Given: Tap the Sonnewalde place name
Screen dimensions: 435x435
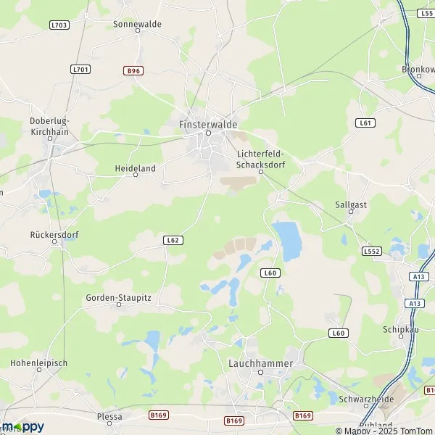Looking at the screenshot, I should click(x=138, y=24).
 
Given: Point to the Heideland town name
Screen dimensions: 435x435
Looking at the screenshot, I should click(x=135, y=168).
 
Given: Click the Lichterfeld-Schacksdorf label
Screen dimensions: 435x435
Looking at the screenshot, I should click(x=261, y=159).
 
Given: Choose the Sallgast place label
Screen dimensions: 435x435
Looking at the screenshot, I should click(x=352, y=204).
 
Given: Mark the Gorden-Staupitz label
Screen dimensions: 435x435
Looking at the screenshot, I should click(x=118, y=297).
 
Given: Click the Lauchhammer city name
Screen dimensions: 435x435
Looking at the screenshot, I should click(x=260, y=362).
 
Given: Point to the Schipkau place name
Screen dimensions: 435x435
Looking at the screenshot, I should click(x=398, y=328).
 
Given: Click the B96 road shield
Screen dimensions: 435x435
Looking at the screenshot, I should click(x=132, y=70).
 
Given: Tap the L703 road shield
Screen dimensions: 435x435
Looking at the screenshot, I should click(x=59, y=25).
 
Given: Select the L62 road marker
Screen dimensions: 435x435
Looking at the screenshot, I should click(x=172, y=240).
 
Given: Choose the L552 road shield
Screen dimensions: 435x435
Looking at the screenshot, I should click(x=371, y=252).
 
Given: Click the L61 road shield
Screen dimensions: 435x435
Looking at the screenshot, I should click(x=366, y=123).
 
